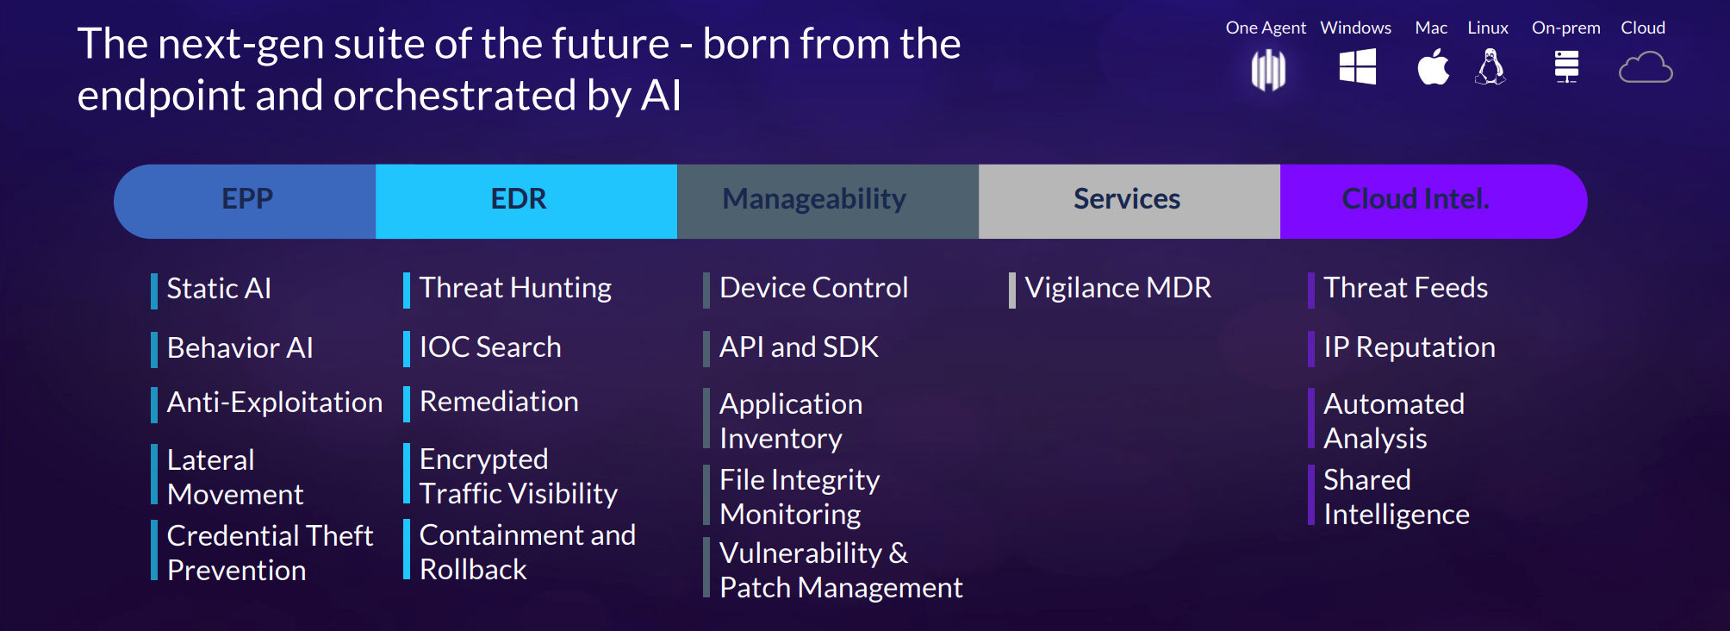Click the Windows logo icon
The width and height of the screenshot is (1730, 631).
click(1357, 66)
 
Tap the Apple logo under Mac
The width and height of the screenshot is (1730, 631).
click(1433, 66)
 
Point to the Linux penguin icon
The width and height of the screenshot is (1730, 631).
click(1490, 66)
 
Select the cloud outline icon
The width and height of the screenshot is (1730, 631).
click(1646, 67)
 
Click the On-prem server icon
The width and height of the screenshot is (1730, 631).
click(1566, 66)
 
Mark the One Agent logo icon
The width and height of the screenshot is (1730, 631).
click(1268, 69)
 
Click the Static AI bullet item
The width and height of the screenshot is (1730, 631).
click(219, 289)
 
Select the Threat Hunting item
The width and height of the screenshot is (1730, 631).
click(515, 289)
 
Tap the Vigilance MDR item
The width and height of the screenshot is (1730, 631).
click(1117, 288)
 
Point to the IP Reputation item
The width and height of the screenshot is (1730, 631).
click(1410, 347)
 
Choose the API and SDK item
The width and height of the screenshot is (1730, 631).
click(799, 347)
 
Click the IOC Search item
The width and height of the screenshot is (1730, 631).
click(490, 347)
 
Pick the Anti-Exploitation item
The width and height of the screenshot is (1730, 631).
click(275, 403)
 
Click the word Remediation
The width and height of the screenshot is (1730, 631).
click(499, 402)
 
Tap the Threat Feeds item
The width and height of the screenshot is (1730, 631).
click(1405, 288)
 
